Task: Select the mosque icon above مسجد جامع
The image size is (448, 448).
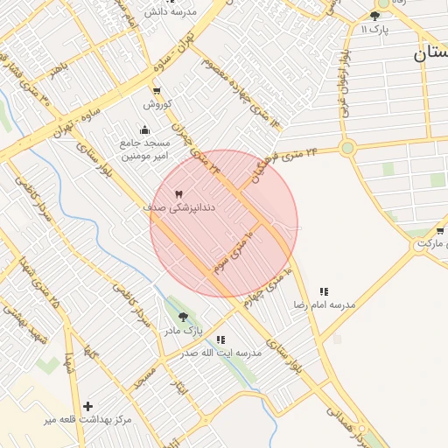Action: coord(143,131)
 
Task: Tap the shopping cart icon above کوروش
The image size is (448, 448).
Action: coord(157,91)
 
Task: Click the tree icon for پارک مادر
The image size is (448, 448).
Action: coord(183,317)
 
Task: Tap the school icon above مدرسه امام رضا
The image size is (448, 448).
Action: coord(324,291)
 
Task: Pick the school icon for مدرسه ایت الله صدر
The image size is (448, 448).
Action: coord(220,339)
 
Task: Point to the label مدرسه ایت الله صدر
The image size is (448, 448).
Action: coord(220,353)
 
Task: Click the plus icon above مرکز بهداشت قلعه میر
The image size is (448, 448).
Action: coord(87,407)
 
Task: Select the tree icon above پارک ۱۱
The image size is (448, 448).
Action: coord(375,16)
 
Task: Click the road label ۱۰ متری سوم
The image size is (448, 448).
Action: coord(231,252)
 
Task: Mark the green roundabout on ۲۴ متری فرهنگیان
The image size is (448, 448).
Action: coord(348,148)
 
